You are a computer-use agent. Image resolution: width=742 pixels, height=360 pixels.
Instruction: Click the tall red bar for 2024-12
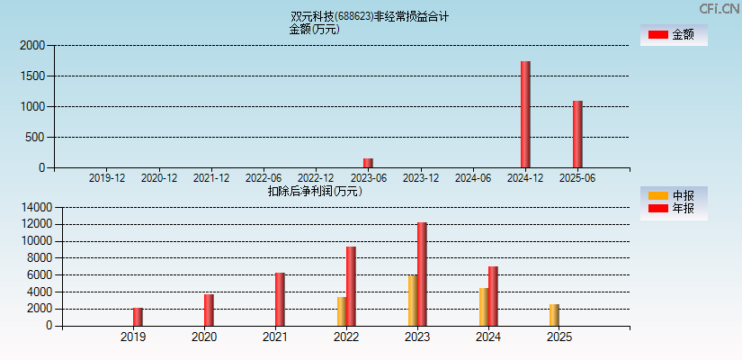(525, 114)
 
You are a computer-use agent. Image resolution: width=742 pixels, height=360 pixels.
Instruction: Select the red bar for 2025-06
(577, 134)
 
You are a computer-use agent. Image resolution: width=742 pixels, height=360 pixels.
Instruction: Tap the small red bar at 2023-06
(368, 163)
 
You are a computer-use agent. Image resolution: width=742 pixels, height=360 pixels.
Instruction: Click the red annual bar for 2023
(422, 274)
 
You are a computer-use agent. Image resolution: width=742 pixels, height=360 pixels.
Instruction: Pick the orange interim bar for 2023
(412, 301)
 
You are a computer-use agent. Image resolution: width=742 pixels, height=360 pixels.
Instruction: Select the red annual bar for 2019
(138, 317)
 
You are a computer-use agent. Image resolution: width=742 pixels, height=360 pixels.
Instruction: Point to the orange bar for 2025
(554, 315)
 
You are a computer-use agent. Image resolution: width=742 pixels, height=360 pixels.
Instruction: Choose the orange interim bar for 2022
(342, 311)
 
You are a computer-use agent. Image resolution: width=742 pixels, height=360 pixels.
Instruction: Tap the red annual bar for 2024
(493, 296)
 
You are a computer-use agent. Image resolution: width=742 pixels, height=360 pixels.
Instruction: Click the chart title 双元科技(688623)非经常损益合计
(370, 16)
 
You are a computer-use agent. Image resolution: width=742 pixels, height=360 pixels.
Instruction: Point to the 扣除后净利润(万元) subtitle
(315, 191)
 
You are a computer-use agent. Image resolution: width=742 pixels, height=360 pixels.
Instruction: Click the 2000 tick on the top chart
(32, 45)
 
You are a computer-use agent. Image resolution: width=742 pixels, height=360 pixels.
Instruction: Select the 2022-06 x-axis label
(264, 178)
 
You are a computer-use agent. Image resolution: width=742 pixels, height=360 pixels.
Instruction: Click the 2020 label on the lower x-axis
(204, 337)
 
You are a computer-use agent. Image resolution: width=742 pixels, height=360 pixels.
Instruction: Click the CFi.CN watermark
(720, 9)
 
